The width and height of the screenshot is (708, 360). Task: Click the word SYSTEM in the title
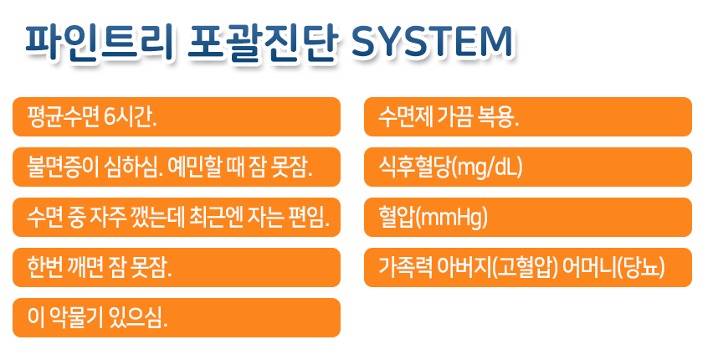click(x=432, y=42)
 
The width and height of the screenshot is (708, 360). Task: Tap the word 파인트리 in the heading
click(x=100, y=42)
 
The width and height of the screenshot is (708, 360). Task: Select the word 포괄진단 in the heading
click(x=262, y=42)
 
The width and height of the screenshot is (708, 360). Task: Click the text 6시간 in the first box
click(x=130, y=117)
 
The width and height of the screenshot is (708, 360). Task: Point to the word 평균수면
click(x=64, y=117)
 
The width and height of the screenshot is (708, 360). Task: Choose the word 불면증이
click(x=62, y=167)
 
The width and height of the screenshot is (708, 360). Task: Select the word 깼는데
click(x=155, y=218)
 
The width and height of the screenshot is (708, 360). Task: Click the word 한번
click(x=44, y=268)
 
